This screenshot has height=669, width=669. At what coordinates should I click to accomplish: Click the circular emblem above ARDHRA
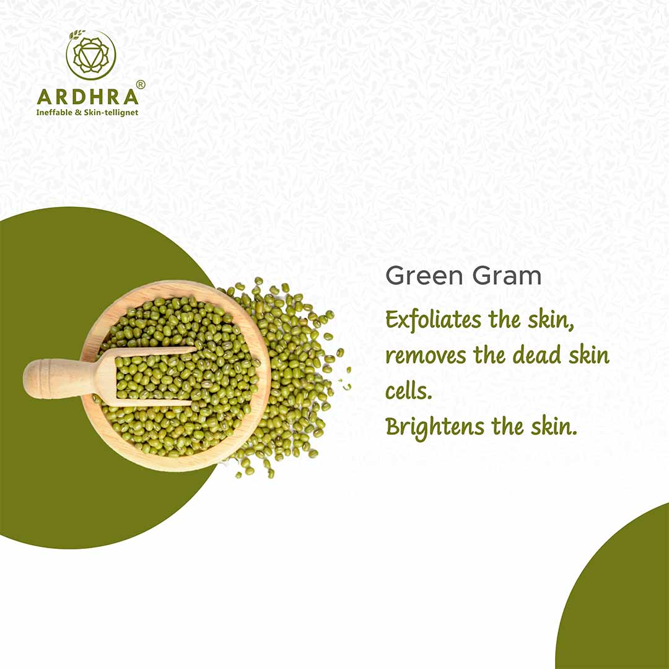point(91,55)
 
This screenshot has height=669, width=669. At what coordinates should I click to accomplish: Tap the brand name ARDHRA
point(88,97)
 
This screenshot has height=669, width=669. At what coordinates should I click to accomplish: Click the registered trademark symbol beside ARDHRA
point(141,84)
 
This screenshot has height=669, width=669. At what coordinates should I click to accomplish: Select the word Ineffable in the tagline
point(55,113)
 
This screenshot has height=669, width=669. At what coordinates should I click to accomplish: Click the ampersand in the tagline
point(78,113)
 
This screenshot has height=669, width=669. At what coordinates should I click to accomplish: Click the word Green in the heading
point(424,276)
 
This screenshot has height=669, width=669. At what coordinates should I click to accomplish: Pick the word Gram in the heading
point(507,276)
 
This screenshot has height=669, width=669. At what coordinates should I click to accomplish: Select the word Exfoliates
point(433,320)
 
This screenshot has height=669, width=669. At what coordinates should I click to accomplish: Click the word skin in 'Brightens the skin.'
point(554,426)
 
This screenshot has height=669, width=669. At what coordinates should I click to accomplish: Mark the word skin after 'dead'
point(589,355)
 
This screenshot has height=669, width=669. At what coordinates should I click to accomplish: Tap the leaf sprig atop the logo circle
point(77,34)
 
